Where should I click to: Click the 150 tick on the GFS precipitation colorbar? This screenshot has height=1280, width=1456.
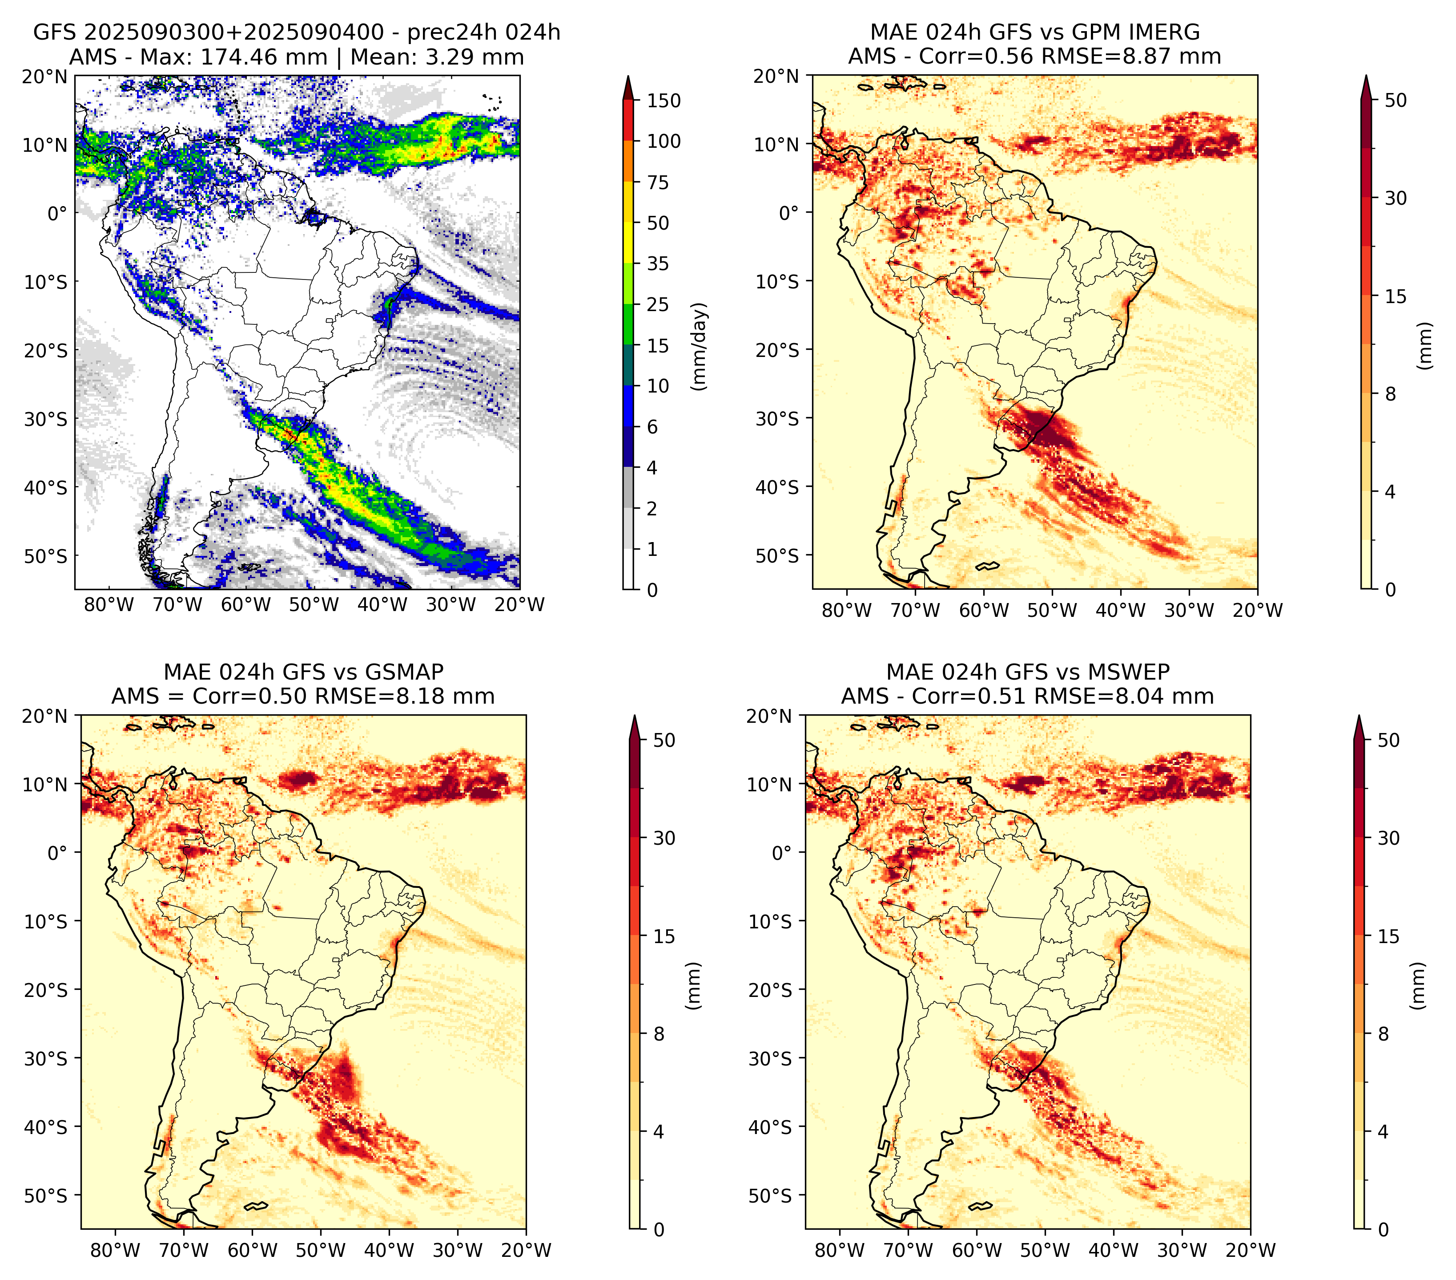(663, 101)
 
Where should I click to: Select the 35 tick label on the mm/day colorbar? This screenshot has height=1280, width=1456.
(657, 263)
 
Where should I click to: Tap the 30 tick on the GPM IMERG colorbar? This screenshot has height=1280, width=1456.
(1396, 198)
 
